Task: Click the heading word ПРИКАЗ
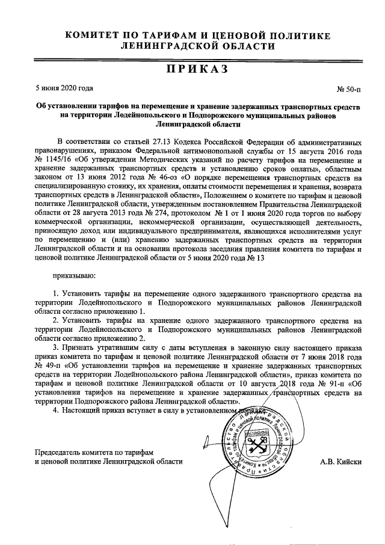tap(192, 70)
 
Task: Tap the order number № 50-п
tap(348, 89)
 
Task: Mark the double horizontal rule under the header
tap(192, 59)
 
